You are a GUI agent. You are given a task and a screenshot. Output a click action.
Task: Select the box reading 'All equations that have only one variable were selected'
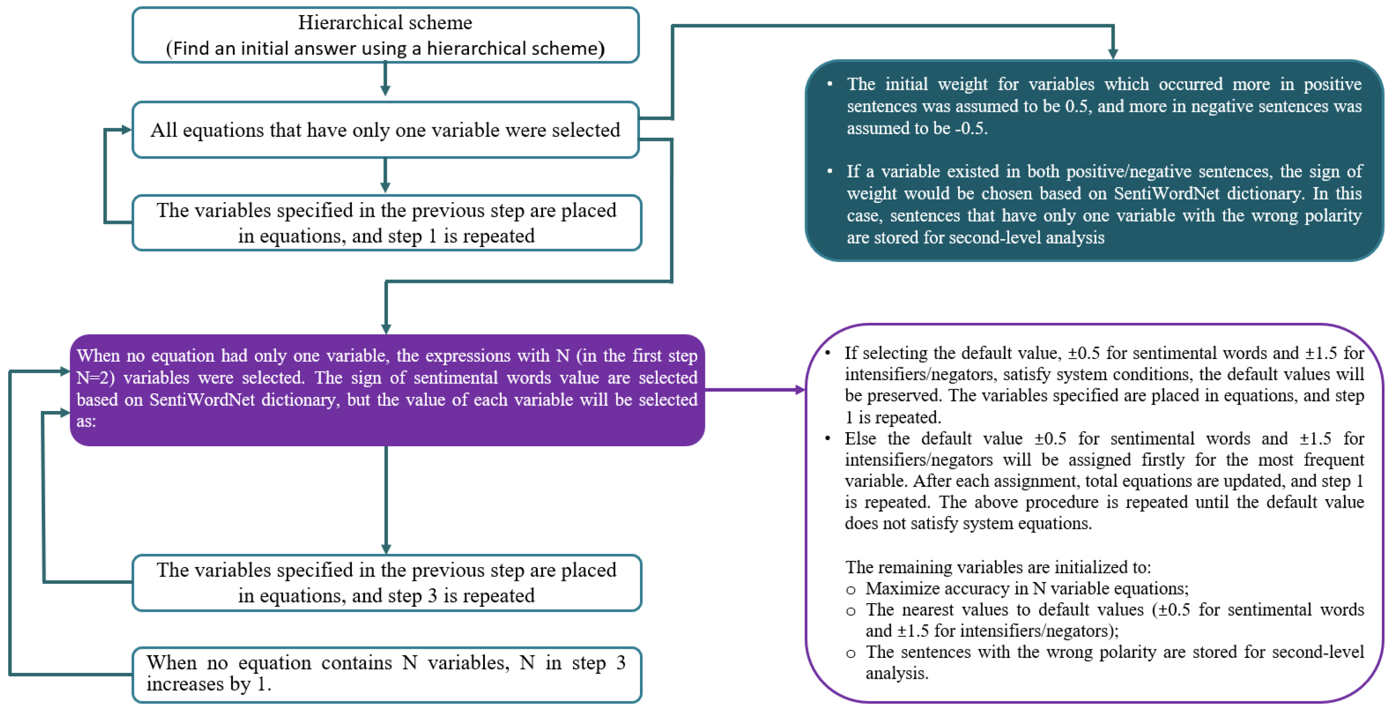click(x=385, y=130)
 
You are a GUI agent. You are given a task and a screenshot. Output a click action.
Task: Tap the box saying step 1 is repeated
click(x=386, y=223)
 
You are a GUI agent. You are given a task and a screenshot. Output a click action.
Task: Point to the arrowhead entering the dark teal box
click(x=1112, y=53)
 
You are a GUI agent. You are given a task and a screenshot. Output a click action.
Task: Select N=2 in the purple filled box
click(x=95, y=377)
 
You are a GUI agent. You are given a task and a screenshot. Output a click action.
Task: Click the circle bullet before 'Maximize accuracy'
click(x=851, y=590)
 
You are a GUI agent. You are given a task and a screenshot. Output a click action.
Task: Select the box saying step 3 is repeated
click(x=386, y=583)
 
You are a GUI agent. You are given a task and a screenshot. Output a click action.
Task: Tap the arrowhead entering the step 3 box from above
click(x=386, y=549)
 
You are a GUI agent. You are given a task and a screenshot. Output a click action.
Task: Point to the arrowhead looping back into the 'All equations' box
click(x=126, y=130)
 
